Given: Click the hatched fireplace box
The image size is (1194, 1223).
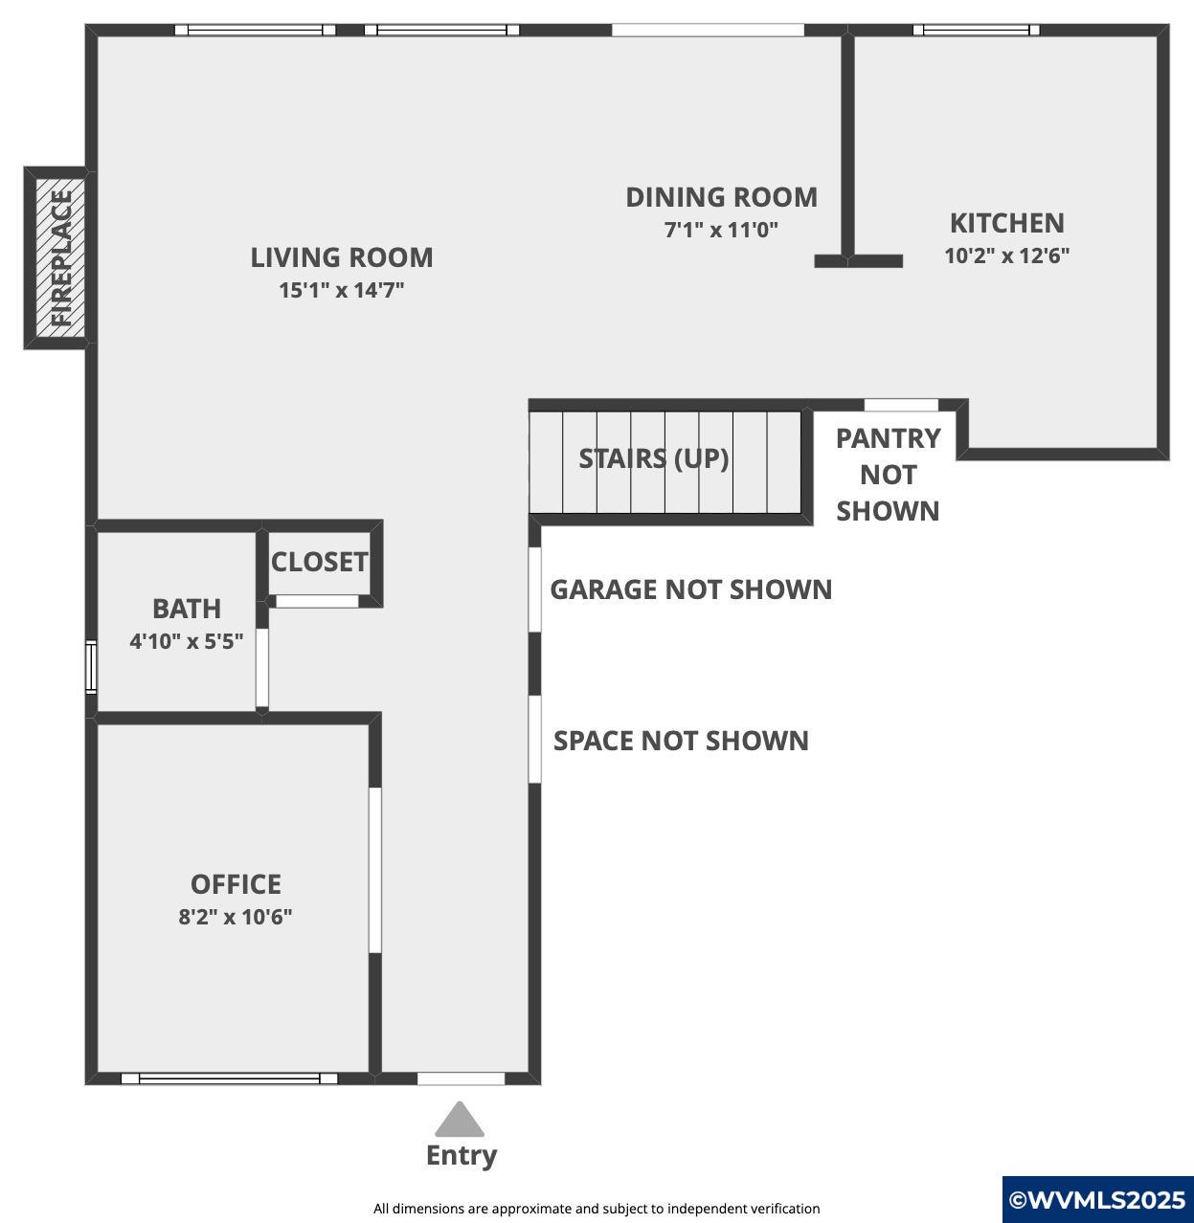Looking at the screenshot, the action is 60,257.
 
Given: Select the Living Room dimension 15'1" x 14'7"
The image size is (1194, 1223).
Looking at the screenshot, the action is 342,290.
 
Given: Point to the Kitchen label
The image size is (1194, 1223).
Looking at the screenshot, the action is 1006,223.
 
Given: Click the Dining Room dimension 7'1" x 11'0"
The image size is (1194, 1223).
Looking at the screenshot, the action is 721,230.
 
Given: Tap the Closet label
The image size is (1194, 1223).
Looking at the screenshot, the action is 319,562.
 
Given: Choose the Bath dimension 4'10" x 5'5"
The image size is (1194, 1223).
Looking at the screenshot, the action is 186,642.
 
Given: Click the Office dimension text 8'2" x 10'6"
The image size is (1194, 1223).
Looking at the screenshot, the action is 236,917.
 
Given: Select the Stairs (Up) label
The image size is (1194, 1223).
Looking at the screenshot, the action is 654,458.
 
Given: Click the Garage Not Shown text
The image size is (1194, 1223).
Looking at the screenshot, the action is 691,589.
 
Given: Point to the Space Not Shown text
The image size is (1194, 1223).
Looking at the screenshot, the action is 681,741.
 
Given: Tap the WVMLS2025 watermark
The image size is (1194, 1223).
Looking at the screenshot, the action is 1097,1200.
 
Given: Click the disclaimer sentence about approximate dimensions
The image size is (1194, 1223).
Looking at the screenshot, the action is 597,1208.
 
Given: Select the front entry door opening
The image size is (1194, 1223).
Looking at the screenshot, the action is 461,1078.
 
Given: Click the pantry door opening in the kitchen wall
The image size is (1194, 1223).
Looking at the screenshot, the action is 901,405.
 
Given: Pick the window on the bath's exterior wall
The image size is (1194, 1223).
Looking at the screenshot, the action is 91,667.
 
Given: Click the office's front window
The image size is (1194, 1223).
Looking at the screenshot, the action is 230,1078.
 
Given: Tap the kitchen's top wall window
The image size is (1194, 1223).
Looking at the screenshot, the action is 976,30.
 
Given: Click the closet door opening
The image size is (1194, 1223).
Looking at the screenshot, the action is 318,601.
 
